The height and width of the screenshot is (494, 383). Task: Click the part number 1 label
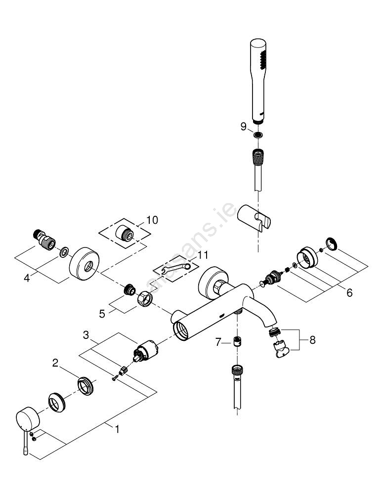pos(117,429)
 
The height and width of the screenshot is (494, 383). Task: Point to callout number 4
pos(27,278)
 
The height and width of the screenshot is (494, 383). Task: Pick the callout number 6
pos(349,292)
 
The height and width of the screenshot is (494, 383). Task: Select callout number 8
pos(312,340)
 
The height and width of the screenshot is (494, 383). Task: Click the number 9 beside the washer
pos(243,126)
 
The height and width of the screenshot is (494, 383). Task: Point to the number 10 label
pos(152,220)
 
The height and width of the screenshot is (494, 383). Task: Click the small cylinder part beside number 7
pos(237,341)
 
